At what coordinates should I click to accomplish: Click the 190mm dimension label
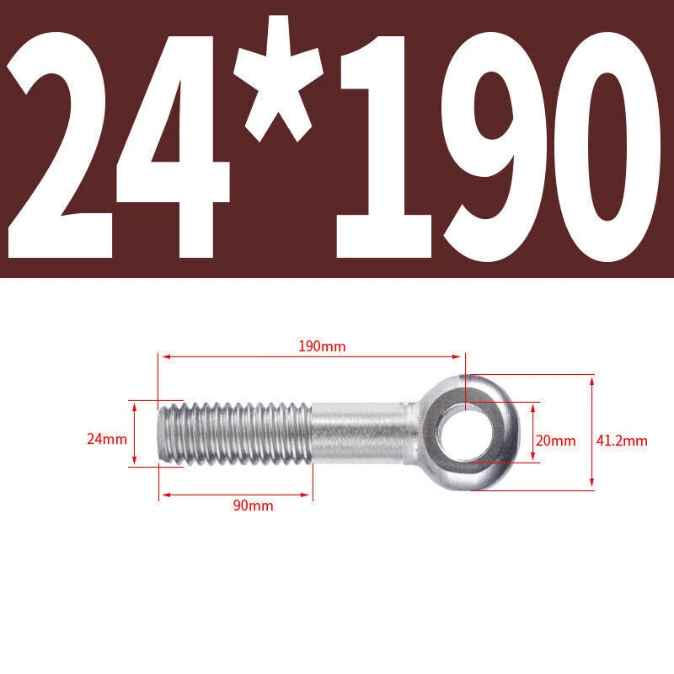point(322,346)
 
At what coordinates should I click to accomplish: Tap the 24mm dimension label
point(107,439)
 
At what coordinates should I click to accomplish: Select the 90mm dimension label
point(254,505)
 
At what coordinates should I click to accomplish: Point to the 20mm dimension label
point(555,441)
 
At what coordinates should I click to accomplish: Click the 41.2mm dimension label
point(622,441)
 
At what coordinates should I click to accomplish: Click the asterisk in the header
point(279,78)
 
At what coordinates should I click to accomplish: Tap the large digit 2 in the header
point(60,146)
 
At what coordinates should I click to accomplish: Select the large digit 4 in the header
point(173,147)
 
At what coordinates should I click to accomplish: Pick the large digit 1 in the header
point(384,147)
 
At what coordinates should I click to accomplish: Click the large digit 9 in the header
point(495,146)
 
